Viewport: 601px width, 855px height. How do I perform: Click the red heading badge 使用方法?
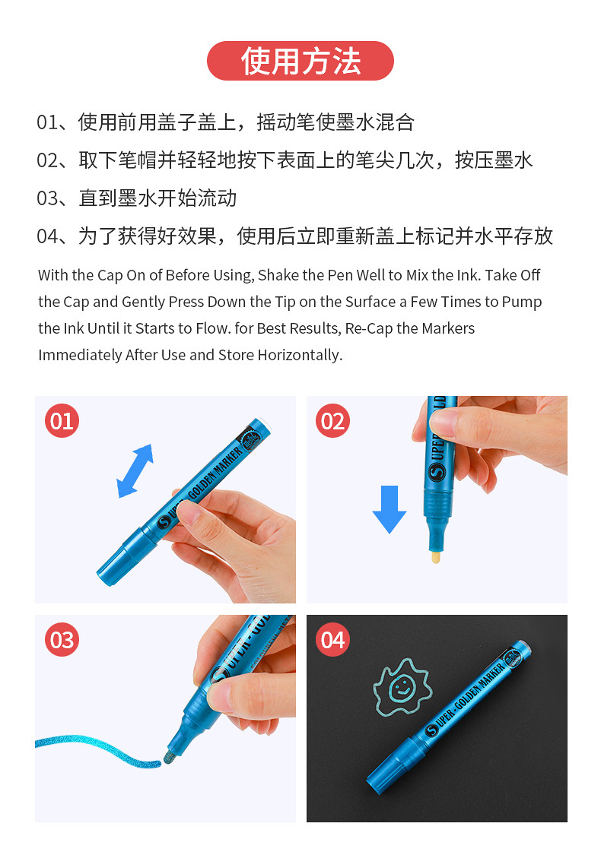(x=300, y=61)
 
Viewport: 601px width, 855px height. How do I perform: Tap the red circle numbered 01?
(x=62, y=421)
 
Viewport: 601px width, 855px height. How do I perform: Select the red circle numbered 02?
(x=333, y=421)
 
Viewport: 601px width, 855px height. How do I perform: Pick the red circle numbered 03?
(x=62, y=640)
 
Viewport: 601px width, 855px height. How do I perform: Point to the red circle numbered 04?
(x=333, y=640)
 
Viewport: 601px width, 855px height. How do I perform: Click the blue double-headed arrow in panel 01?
(x=135, y=470)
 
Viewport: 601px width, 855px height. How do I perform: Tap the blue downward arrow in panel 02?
(x=390, y=508)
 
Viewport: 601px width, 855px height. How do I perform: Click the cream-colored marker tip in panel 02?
(x=435, y=557)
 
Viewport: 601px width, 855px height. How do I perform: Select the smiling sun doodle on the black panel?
(x=402, y=688)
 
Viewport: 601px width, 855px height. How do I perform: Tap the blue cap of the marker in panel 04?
(x=393, y=770)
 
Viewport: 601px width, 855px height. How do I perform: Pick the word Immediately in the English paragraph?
(x=75, y=355)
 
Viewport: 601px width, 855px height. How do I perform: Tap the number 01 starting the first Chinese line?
(x=47, y=122)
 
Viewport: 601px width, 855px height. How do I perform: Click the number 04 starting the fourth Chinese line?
(x=47, y=236)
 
